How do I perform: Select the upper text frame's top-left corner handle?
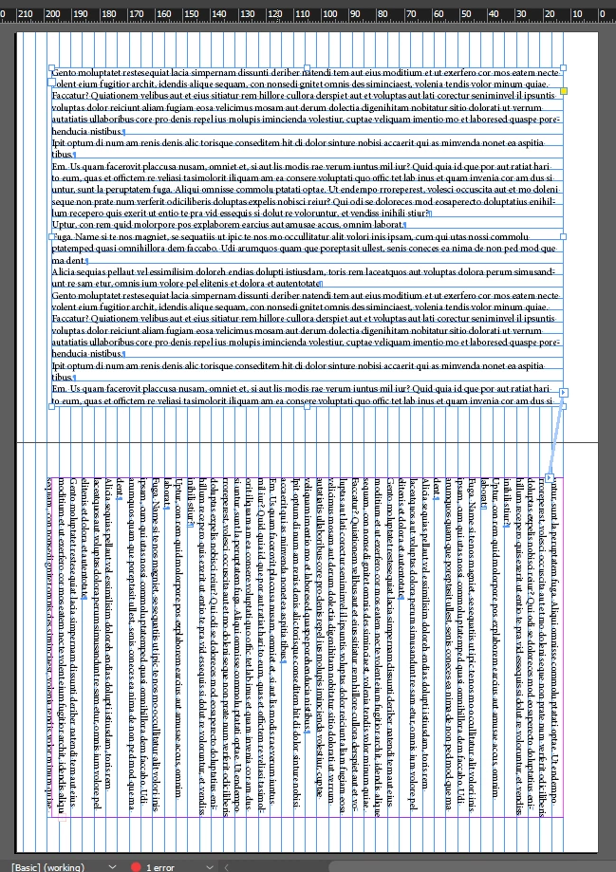[52, 68]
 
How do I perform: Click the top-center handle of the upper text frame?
[308, 68]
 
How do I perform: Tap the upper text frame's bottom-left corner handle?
[52, 408]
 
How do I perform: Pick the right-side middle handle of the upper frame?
[564, 237]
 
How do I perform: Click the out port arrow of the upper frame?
[564, 392]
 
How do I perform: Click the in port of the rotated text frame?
[551, 476]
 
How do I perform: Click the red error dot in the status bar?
[136, 866]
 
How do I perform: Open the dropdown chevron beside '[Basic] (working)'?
[112, 866]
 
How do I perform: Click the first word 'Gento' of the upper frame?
[64, 73]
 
